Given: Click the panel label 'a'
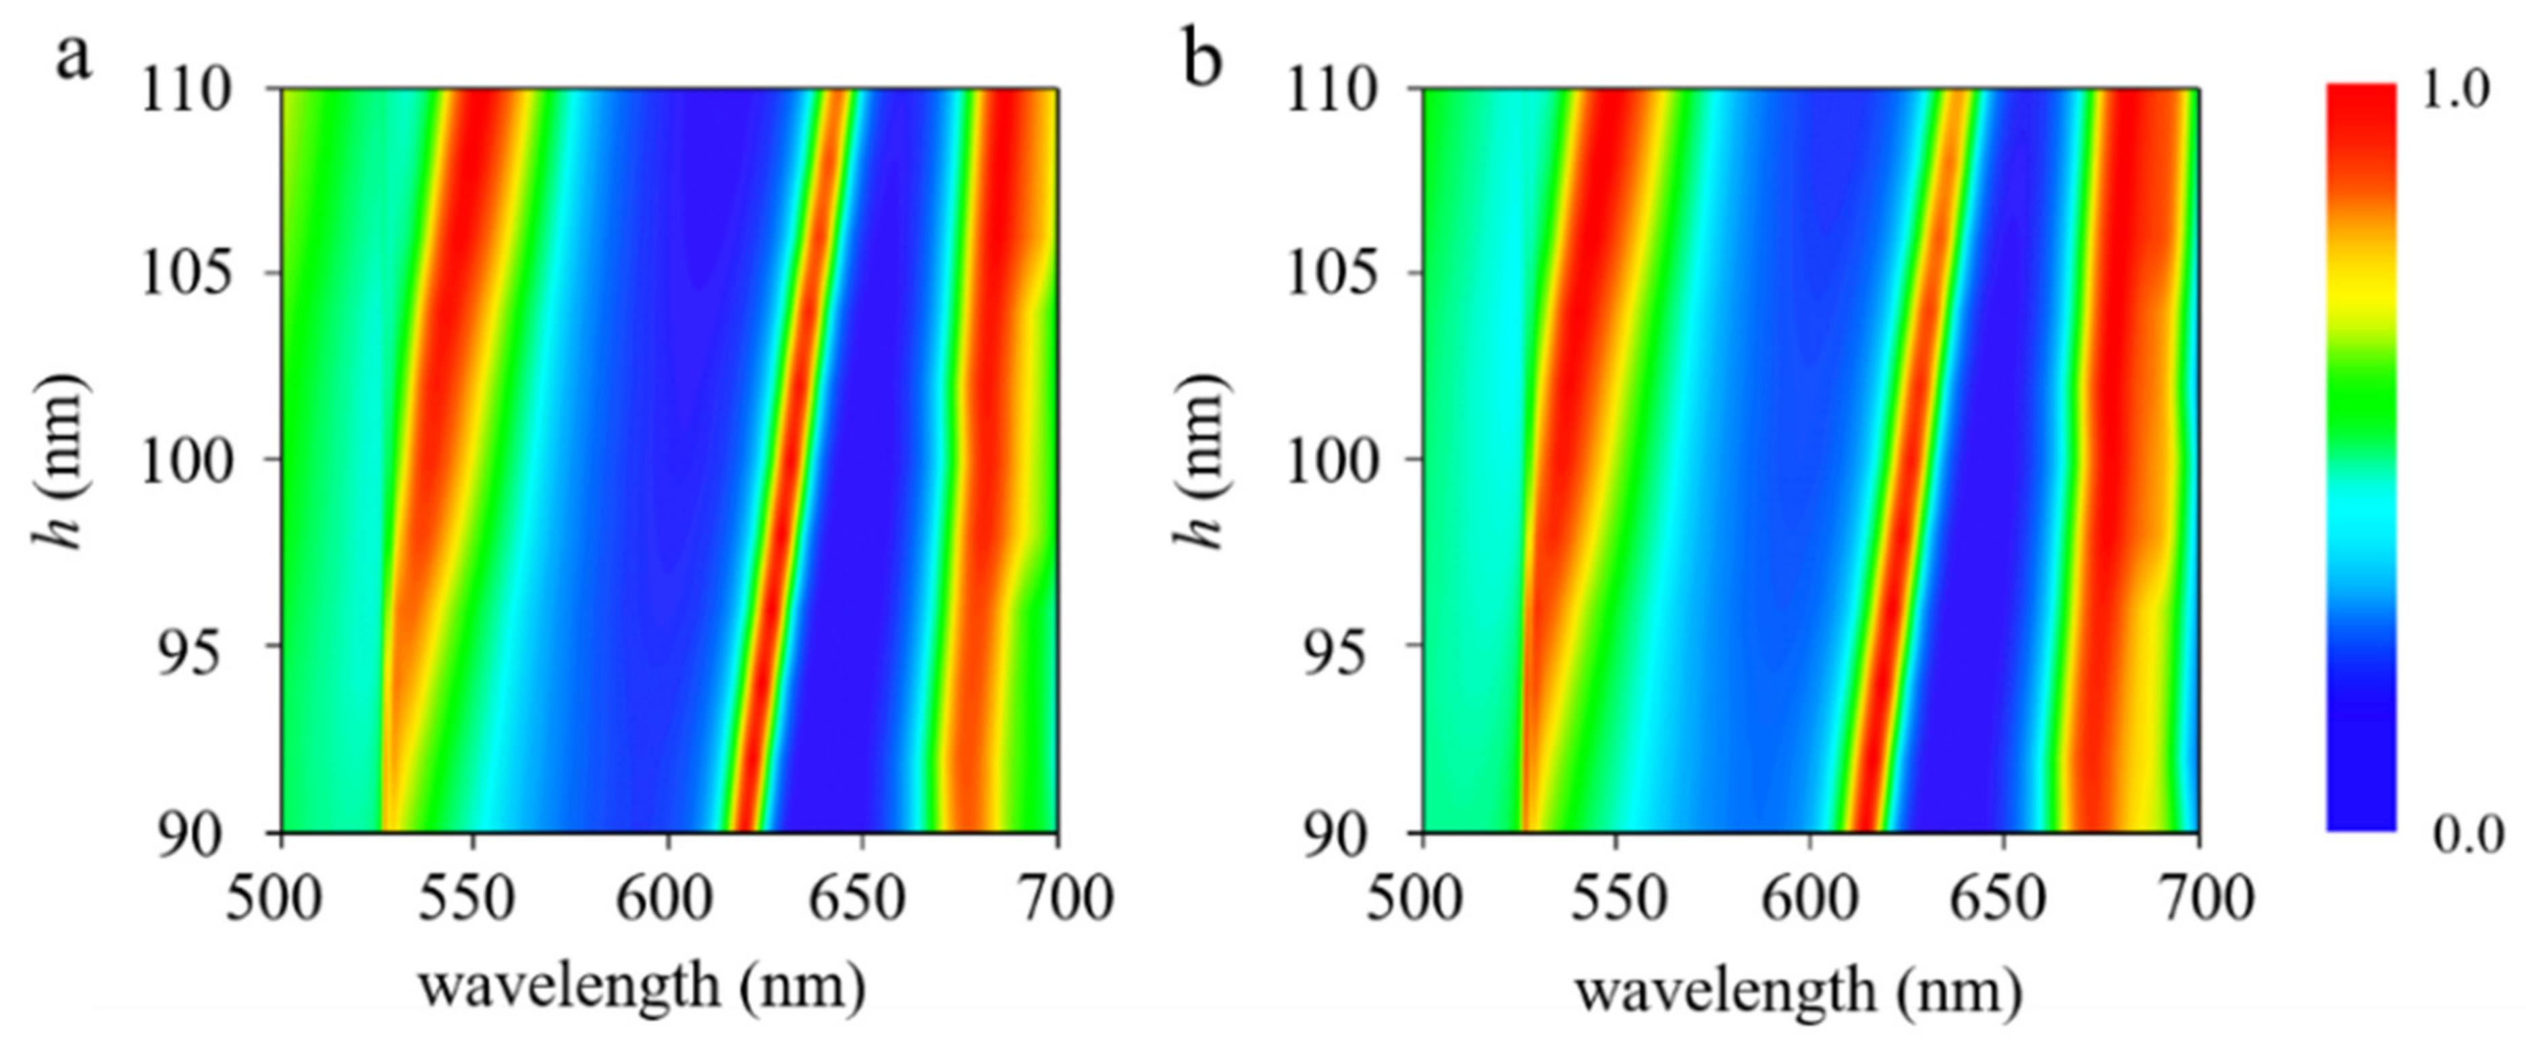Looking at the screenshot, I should (x=74, y=59).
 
